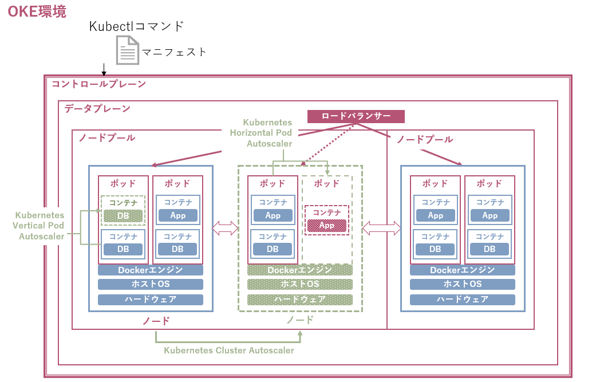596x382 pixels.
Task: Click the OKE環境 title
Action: tap(37, 11)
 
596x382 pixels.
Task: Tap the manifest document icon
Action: tap(128, 50)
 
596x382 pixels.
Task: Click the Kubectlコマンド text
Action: tap(137, 26)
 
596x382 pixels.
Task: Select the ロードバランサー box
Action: tap(356, 116)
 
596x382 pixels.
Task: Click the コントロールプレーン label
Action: tap(98, 84)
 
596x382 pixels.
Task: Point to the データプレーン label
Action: tap(97, 108)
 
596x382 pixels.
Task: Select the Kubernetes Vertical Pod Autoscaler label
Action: tap(40, 225)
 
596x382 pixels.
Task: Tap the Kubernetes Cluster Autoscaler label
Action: tap(229, 350)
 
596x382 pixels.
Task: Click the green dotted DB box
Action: tap(123, 216)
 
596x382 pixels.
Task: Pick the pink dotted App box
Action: tap(327, 226)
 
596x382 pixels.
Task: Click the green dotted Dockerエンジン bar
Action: tap(300, 270)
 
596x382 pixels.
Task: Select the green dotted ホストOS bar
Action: tap(300, 285)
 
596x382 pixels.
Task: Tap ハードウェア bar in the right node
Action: tap(463, 300)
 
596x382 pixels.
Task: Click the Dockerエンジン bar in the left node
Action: tap(151, 270)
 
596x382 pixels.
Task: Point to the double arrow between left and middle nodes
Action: tap(225, 228)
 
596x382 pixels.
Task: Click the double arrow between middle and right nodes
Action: tap(381, 228)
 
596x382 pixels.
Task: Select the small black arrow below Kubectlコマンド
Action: tap(104, 70)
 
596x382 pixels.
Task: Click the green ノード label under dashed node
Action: tap(300, 320)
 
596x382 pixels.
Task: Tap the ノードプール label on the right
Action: tap(425, 139)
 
